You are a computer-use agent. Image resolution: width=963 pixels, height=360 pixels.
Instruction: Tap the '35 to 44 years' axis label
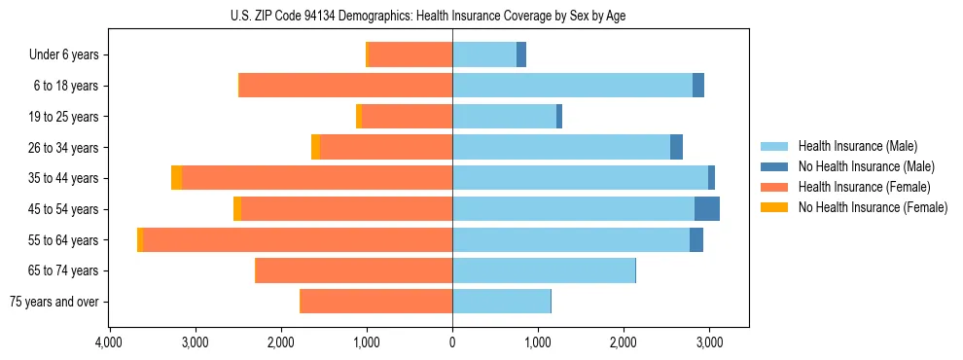click(60, 178)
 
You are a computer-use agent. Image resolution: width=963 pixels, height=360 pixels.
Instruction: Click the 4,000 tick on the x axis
click(109, 342)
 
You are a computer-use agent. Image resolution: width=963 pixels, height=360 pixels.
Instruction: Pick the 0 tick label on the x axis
click(452, 342)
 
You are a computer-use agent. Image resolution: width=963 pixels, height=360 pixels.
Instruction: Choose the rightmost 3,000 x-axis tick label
click(709, 342)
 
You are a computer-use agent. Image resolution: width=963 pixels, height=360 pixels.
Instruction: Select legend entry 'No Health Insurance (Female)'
click(873, 207)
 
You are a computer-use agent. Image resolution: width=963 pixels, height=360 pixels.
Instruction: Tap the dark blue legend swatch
click(775, 166)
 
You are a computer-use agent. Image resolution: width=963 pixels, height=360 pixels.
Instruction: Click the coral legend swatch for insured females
click(775, 187)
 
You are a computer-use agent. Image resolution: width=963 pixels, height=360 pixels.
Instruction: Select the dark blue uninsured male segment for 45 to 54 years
click(707, 209)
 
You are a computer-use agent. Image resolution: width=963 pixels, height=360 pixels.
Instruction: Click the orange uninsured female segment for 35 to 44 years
click(176, 178)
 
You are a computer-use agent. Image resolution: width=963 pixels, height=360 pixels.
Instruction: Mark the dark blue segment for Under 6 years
click(521, 54)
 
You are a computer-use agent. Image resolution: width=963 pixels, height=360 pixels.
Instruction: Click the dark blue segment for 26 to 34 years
click(676, 147)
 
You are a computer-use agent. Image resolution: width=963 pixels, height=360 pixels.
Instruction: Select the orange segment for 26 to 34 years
click(315, 147)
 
